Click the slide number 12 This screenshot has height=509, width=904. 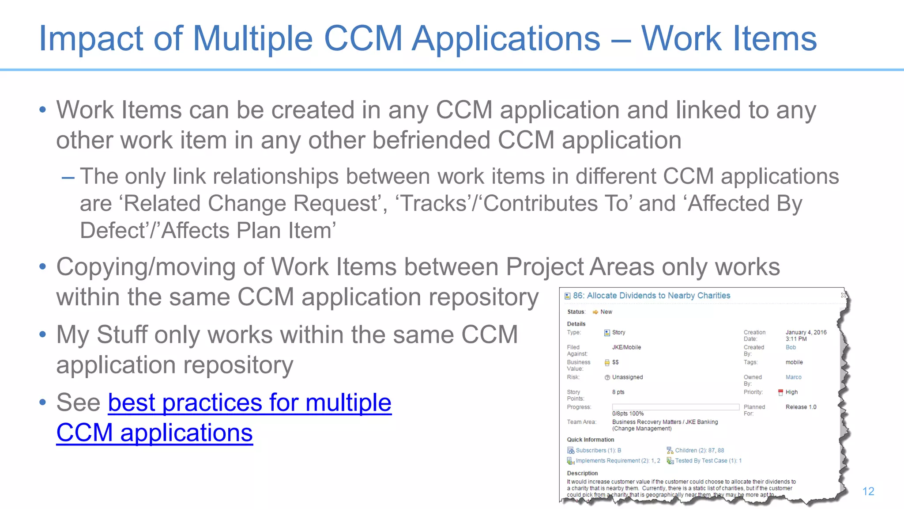pyautogui.click(x=868, y=491)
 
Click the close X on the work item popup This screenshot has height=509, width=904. pyautogui.click(x=844, y=295)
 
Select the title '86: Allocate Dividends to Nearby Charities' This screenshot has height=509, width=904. pyautogui.click(x=652, y=296)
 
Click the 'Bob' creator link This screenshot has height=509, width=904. pyautogui.click(x=791, y=347)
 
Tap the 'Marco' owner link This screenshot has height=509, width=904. pyautogui.click(x=793, y=377)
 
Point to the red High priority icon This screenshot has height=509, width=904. pyautogui.click(x=780, y=392)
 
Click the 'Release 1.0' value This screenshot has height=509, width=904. pyautogui.click(x=801, y=407)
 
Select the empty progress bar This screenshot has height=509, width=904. pyautogui.click(x=675, y=407)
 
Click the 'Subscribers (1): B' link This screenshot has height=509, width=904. pyautogui.click(x=598, y=450)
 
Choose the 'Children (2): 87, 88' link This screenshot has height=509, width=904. pyautogui.click(x=699, y=450)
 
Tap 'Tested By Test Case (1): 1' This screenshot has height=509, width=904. pyautogui.click(x=708, y=460)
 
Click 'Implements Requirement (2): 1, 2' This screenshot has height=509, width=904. pyautogui.click(x=618, y=460)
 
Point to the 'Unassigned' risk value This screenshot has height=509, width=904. pyautogui.click(x=627, y=377)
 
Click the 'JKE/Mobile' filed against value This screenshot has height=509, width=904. pyautogui.click(x=626, y=347)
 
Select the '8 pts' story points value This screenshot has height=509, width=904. pyautogui.click(x=618, y=392)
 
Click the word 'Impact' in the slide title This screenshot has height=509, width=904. pyautogui.click(x=91, y=39)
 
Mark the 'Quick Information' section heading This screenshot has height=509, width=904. pyautogui.click(x=590, y=440)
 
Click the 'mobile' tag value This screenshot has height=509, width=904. pyautogui.click(x=794, y=362)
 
